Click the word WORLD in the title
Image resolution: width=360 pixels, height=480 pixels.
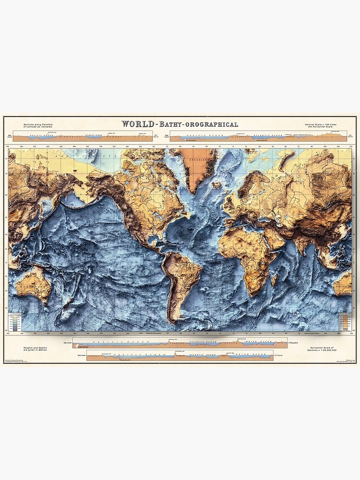click(137, 124)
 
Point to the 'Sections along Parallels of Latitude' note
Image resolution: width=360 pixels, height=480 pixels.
click(36, 126)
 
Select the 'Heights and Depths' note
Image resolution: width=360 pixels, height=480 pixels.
click(36, 350)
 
